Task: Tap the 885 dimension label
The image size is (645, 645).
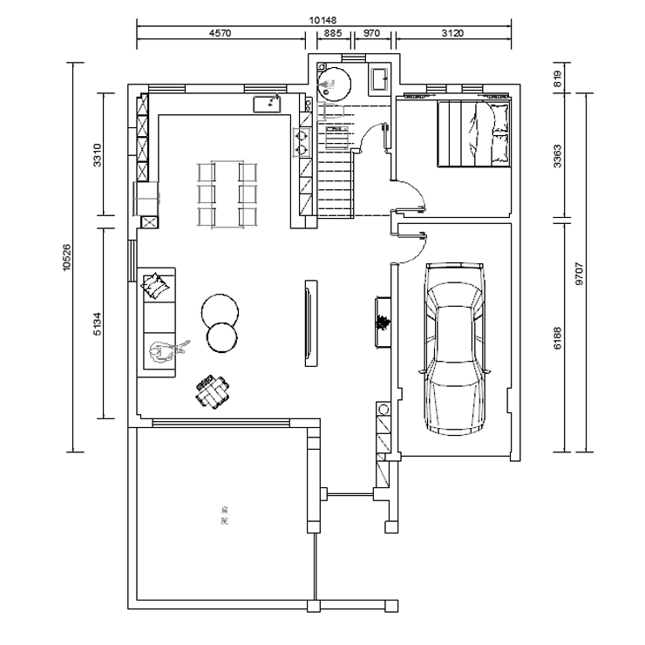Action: click(x=332, y=33)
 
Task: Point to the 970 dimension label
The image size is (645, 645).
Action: click(x=372, y=33)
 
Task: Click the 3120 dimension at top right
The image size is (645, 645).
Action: click(x=452, y=33)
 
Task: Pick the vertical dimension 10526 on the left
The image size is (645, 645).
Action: click(x=66, y=257)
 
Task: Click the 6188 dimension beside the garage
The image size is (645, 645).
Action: click(x=558, y=335)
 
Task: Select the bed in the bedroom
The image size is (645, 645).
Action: click(x=473, y=132)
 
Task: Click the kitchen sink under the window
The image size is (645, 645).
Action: click(x=268, y=105)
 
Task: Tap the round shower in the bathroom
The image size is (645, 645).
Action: click(x=334, y=81)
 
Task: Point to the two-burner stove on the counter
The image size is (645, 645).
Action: click(x=304, y=141)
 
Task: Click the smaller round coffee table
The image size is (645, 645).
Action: click(x=221, y=337)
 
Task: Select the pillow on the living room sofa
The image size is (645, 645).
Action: click(x=155, y=283)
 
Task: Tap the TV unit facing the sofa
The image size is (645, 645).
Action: click(x=309, y=323)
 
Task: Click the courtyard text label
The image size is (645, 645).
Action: click(x=224, y=520)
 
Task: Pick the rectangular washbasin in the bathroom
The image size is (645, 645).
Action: click(x=381, y=79)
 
